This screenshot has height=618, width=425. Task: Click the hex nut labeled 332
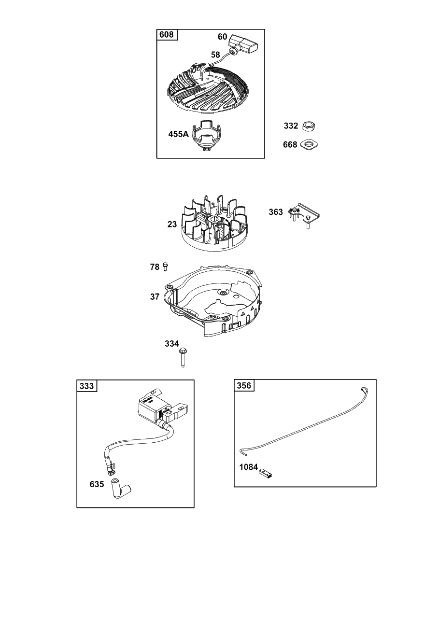309,126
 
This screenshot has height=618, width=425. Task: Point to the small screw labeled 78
165,267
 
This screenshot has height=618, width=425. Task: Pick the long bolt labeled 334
182,358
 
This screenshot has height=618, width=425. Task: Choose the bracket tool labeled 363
304,215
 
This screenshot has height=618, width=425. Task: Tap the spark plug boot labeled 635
121,489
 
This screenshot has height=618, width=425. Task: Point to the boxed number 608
167,34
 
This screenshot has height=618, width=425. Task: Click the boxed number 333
86,386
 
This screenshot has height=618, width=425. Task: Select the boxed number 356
244,385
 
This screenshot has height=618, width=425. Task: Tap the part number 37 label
155,297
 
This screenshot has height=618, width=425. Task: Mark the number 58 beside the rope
215,55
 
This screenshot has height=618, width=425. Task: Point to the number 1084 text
248,467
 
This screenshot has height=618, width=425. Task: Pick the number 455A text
179,134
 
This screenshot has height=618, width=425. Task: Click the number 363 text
276,212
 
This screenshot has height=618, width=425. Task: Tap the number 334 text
172,343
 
